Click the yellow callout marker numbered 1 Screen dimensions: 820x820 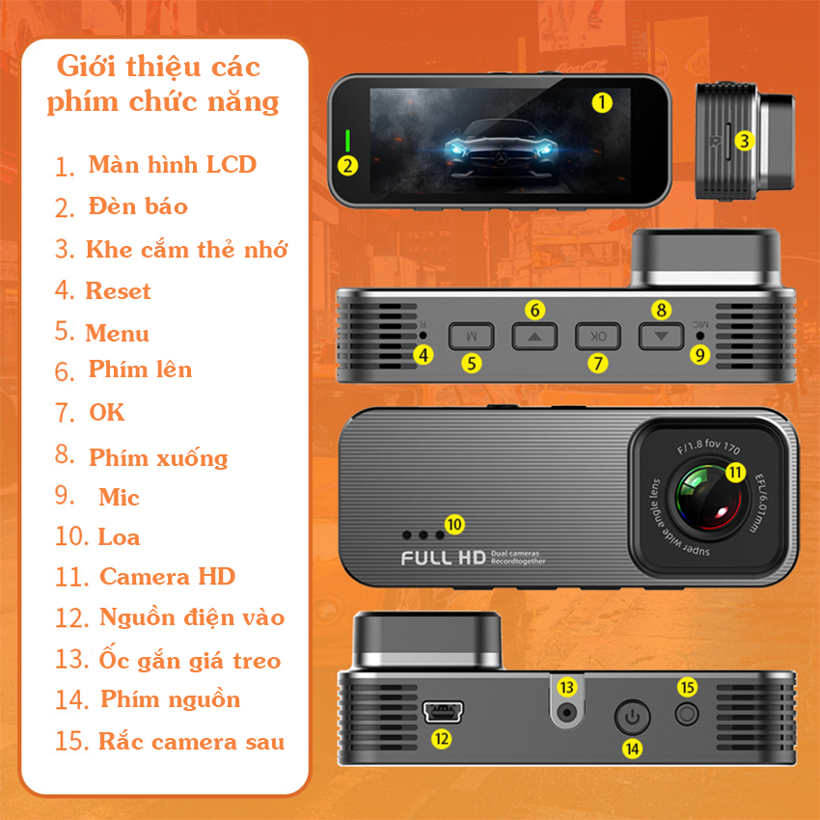click(x=602, y=102)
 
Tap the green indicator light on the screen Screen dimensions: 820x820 click(x=347, y=141)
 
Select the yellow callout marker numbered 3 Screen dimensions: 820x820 click(x=744, y=141)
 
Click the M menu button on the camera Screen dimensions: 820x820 click(x=471, y=336)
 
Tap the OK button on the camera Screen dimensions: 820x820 click(x=598, y=336)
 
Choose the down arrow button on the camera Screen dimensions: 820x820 click(x=661, y=336)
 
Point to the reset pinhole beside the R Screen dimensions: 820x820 click(x=424, y=335)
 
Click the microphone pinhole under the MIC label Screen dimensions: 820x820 click(x=699, y=336)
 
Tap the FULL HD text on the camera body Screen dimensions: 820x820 click(x=444, y=558)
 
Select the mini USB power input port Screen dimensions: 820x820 click(x=443, y=712)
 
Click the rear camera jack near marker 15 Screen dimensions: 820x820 click(x=687, y=714)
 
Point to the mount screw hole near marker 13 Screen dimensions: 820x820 click(x=567, y=712)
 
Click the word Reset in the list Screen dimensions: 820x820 click(x=119, y=290)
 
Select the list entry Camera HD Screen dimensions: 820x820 click(x=167, y=576)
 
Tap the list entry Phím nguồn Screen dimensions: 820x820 click(x=171, y=699)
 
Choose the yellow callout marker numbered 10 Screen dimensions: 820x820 click(x=454, y=525)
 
